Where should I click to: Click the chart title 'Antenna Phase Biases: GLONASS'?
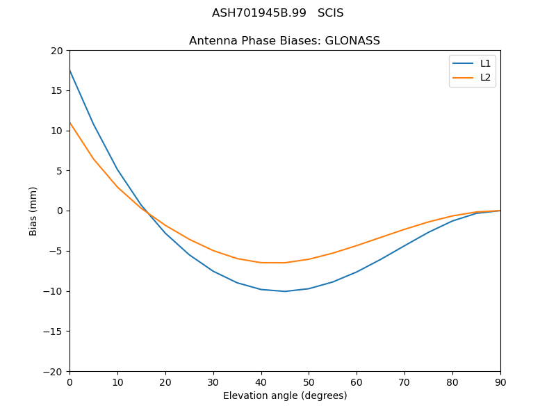coord(284,41)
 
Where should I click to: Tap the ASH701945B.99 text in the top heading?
coord(259,13)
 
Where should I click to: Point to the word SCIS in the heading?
coord(330,13)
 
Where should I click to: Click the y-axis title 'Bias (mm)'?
coord(33,211)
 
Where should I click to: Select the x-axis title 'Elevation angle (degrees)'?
coord(284,395)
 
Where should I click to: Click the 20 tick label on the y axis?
coord(56,51)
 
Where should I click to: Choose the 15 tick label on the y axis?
coord(56,90)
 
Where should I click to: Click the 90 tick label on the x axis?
coord(500,382)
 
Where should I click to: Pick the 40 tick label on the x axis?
coord(261,382)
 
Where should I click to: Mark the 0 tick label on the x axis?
coord(69,382)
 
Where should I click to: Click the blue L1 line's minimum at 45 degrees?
coord(285,291)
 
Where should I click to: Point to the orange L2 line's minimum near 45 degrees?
coord(285,263)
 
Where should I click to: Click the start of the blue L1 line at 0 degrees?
coord(70,70)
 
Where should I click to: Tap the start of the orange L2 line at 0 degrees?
coord(70,123)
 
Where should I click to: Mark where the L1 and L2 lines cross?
coord(147,213)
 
